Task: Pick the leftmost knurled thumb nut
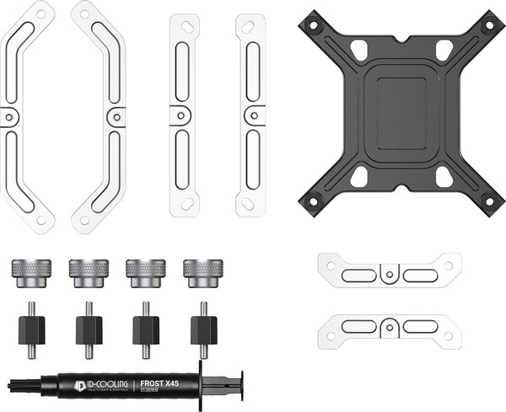(27, 274)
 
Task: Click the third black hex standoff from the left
(145, 329)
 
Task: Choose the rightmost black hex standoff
(202, 329)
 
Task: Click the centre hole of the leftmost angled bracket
(10, 117)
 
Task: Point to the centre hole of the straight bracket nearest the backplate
(250, 116)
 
